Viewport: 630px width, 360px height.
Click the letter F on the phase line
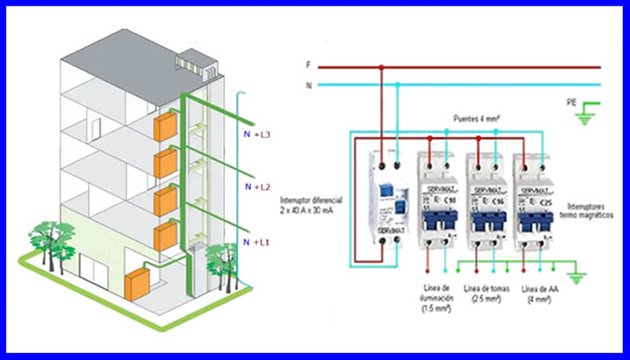[x=308, y=66]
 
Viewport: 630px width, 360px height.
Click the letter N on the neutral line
[x=308, y=86]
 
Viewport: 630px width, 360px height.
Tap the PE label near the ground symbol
[x=571, y=101]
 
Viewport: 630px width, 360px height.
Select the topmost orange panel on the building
[x=165, y=126]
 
